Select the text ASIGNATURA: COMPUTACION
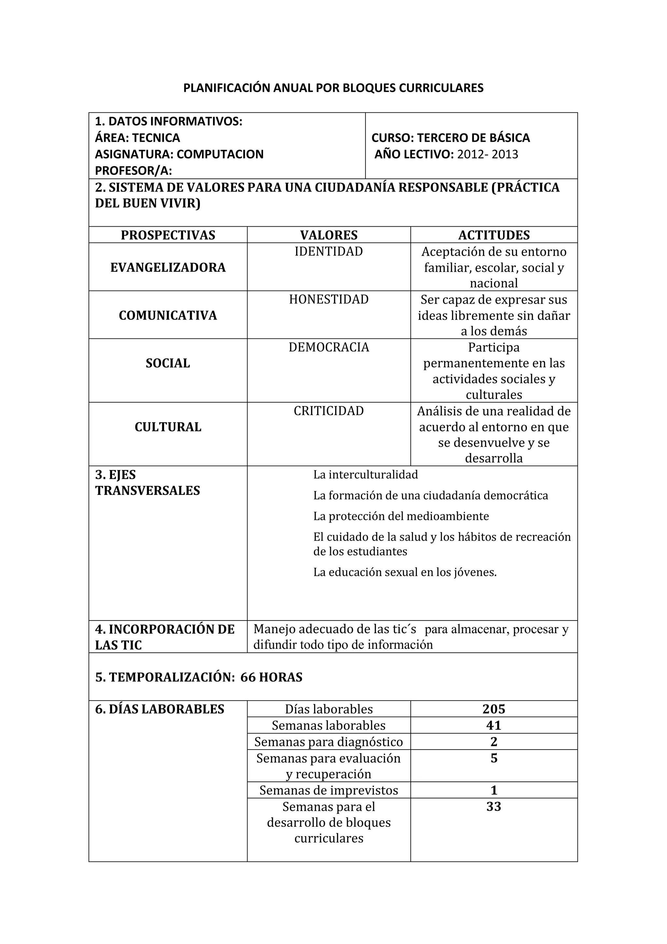[x=179, y=154]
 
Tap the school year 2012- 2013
[x=488, y=154]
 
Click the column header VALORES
[x=328, y=235]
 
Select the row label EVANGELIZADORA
[x=168, y=267]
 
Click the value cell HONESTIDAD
[x=328, y=299]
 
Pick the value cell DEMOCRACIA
[x=328, y=348]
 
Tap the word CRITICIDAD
[x=328, y=411]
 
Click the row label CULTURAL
[x=168, y=427]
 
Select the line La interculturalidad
[x=365, y=475]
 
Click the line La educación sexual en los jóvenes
[x=405, y=572]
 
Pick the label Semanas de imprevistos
[x=328, y=790]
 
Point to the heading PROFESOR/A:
[x=133, y=171]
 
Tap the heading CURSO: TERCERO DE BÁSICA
[x=450, y=138]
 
